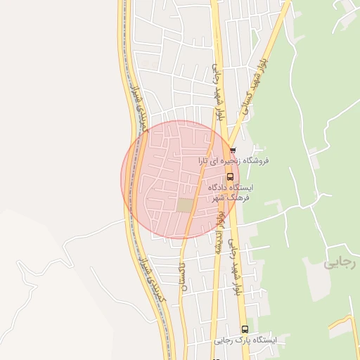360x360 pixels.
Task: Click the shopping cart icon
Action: pyautogui.click(x=233, y=150)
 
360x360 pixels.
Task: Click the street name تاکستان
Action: pyautogui.click(x=184, y=278)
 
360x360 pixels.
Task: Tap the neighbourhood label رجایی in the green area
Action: pyautogui.click(x=340, y=264)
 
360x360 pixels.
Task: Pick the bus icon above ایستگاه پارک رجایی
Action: pyautogui.click(x=245, y=329)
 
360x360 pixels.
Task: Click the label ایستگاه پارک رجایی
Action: pyautogui.click(x=245, y=340)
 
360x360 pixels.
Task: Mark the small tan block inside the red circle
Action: pyautogui.click(x=185, y=205)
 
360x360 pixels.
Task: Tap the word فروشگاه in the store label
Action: pyautogui.click(x=257, y=161)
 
